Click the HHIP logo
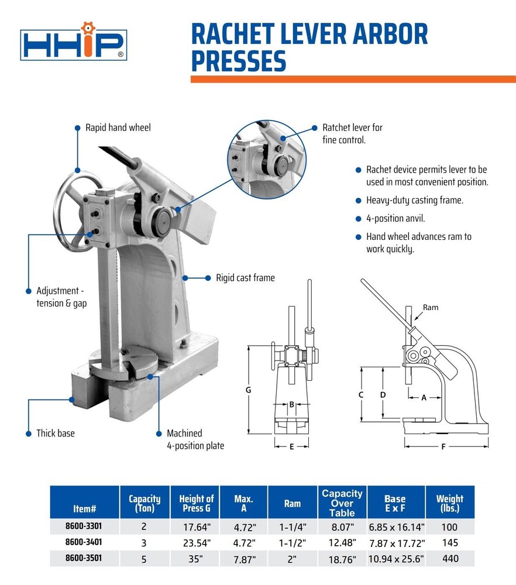click(73, 44)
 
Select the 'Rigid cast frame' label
click(245, 278)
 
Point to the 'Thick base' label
click(56, 433)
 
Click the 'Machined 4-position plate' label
click(195, 439)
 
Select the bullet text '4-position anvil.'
click(395, 219)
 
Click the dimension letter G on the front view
click(248, 389)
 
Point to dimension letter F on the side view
click(443, 447)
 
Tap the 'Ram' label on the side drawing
click(431, 308)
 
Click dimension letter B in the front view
click(291, 404)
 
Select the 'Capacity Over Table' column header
click(342, 503)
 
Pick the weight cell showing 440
click(450, 559)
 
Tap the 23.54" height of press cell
click(194, 542)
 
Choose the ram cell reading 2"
click(293, 559)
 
